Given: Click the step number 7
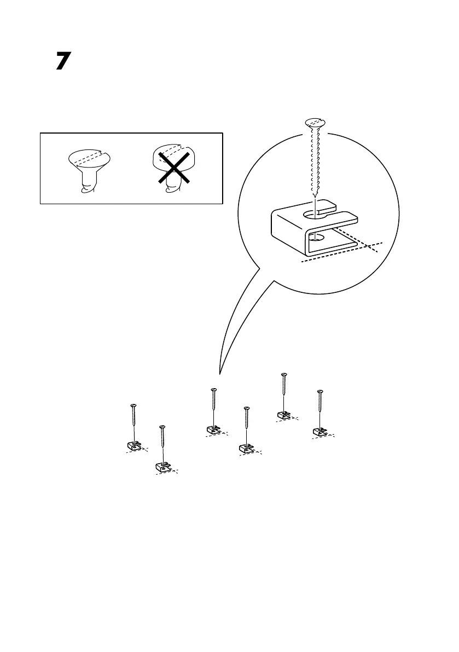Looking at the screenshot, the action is (x=63, y=61).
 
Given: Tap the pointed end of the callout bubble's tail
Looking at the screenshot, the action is (x=220, y=374).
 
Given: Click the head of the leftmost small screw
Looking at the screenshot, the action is (x=133, y=406).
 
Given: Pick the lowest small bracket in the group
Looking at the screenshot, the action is (x=162, y=466).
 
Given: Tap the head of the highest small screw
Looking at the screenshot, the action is (x=283, y=374).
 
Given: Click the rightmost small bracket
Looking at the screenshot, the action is (x=320, y=431).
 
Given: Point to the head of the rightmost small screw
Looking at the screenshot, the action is (x=321, y=391).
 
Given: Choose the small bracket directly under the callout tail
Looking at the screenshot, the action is (x=214, y=430).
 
